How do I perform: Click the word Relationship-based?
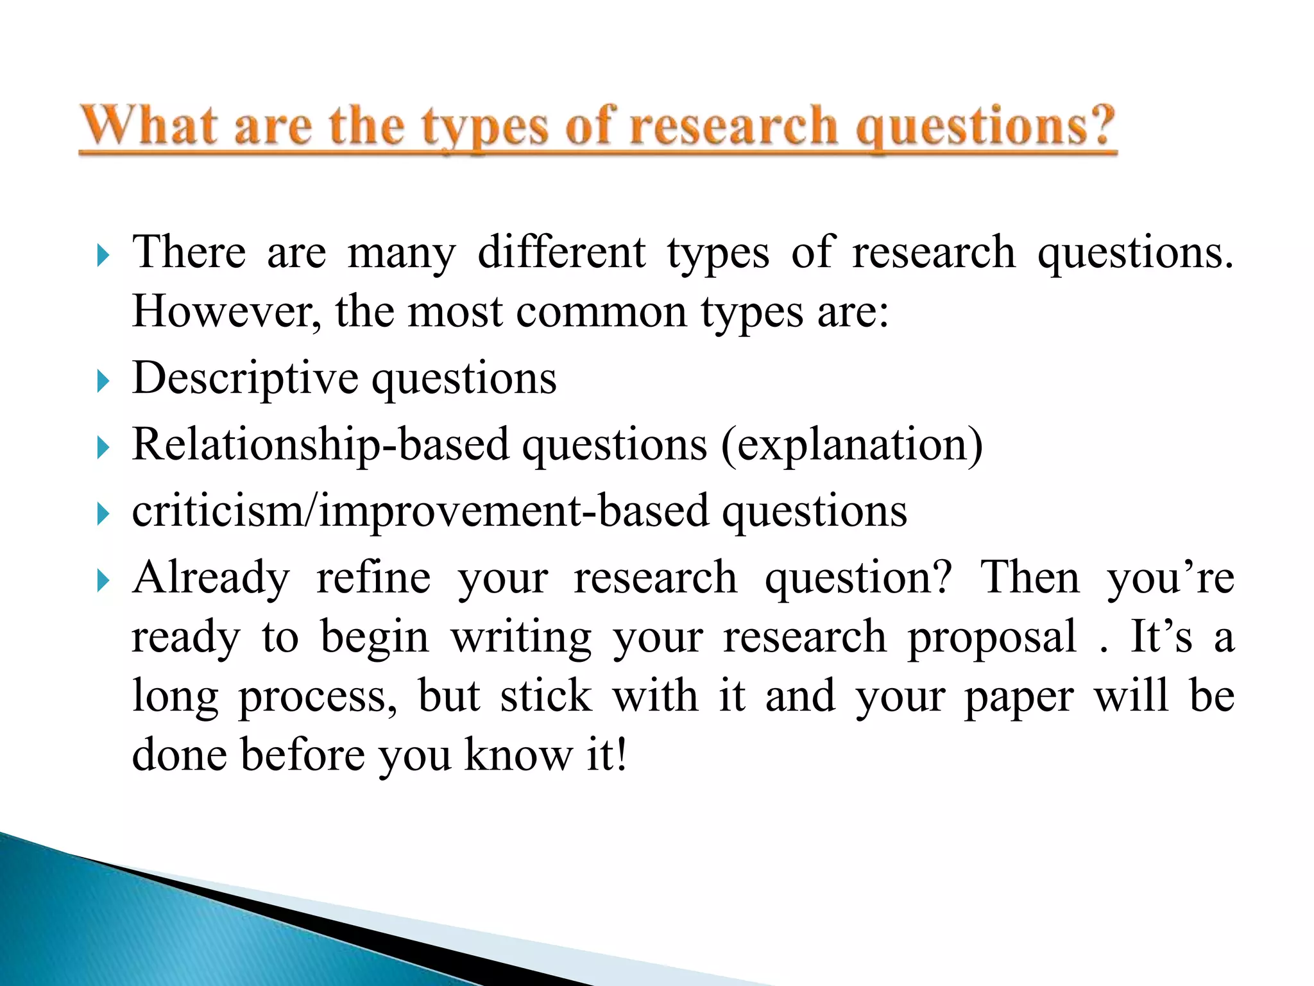321,445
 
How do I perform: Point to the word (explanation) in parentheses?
852,445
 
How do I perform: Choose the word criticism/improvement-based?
420,512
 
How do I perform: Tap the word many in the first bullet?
402,253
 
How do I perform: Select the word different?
561,252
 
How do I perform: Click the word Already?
211,578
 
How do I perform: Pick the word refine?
373,577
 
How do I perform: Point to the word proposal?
992,638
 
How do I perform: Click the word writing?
521,638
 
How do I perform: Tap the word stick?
546,696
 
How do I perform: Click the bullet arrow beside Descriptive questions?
103,381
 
